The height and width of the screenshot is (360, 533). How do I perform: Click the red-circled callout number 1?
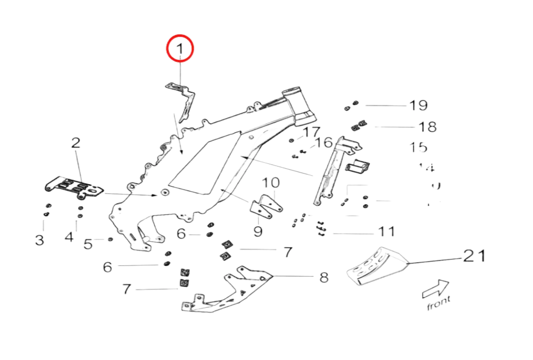pos(180,50)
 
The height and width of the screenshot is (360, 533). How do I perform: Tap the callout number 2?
pos(76,143)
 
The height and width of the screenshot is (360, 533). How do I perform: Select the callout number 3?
pos(40,240)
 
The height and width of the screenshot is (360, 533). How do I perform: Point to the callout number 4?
pos(69,236)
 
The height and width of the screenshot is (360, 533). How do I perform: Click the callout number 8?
pos(324,277)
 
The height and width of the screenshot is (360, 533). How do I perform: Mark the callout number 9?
pos(258,232)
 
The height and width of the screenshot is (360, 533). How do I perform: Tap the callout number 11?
pos(387,232)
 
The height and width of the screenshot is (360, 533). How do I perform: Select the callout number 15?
pos(418,147)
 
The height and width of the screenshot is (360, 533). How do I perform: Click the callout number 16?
pos(324,142)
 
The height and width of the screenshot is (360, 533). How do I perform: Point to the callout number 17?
pos(311,132)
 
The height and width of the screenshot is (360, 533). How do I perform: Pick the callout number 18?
pos(427,127)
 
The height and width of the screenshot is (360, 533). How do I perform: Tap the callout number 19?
pos(419,105)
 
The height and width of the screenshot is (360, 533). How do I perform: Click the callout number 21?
pos(474,256)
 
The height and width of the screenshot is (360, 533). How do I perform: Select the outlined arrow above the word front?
pos(436,289)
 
